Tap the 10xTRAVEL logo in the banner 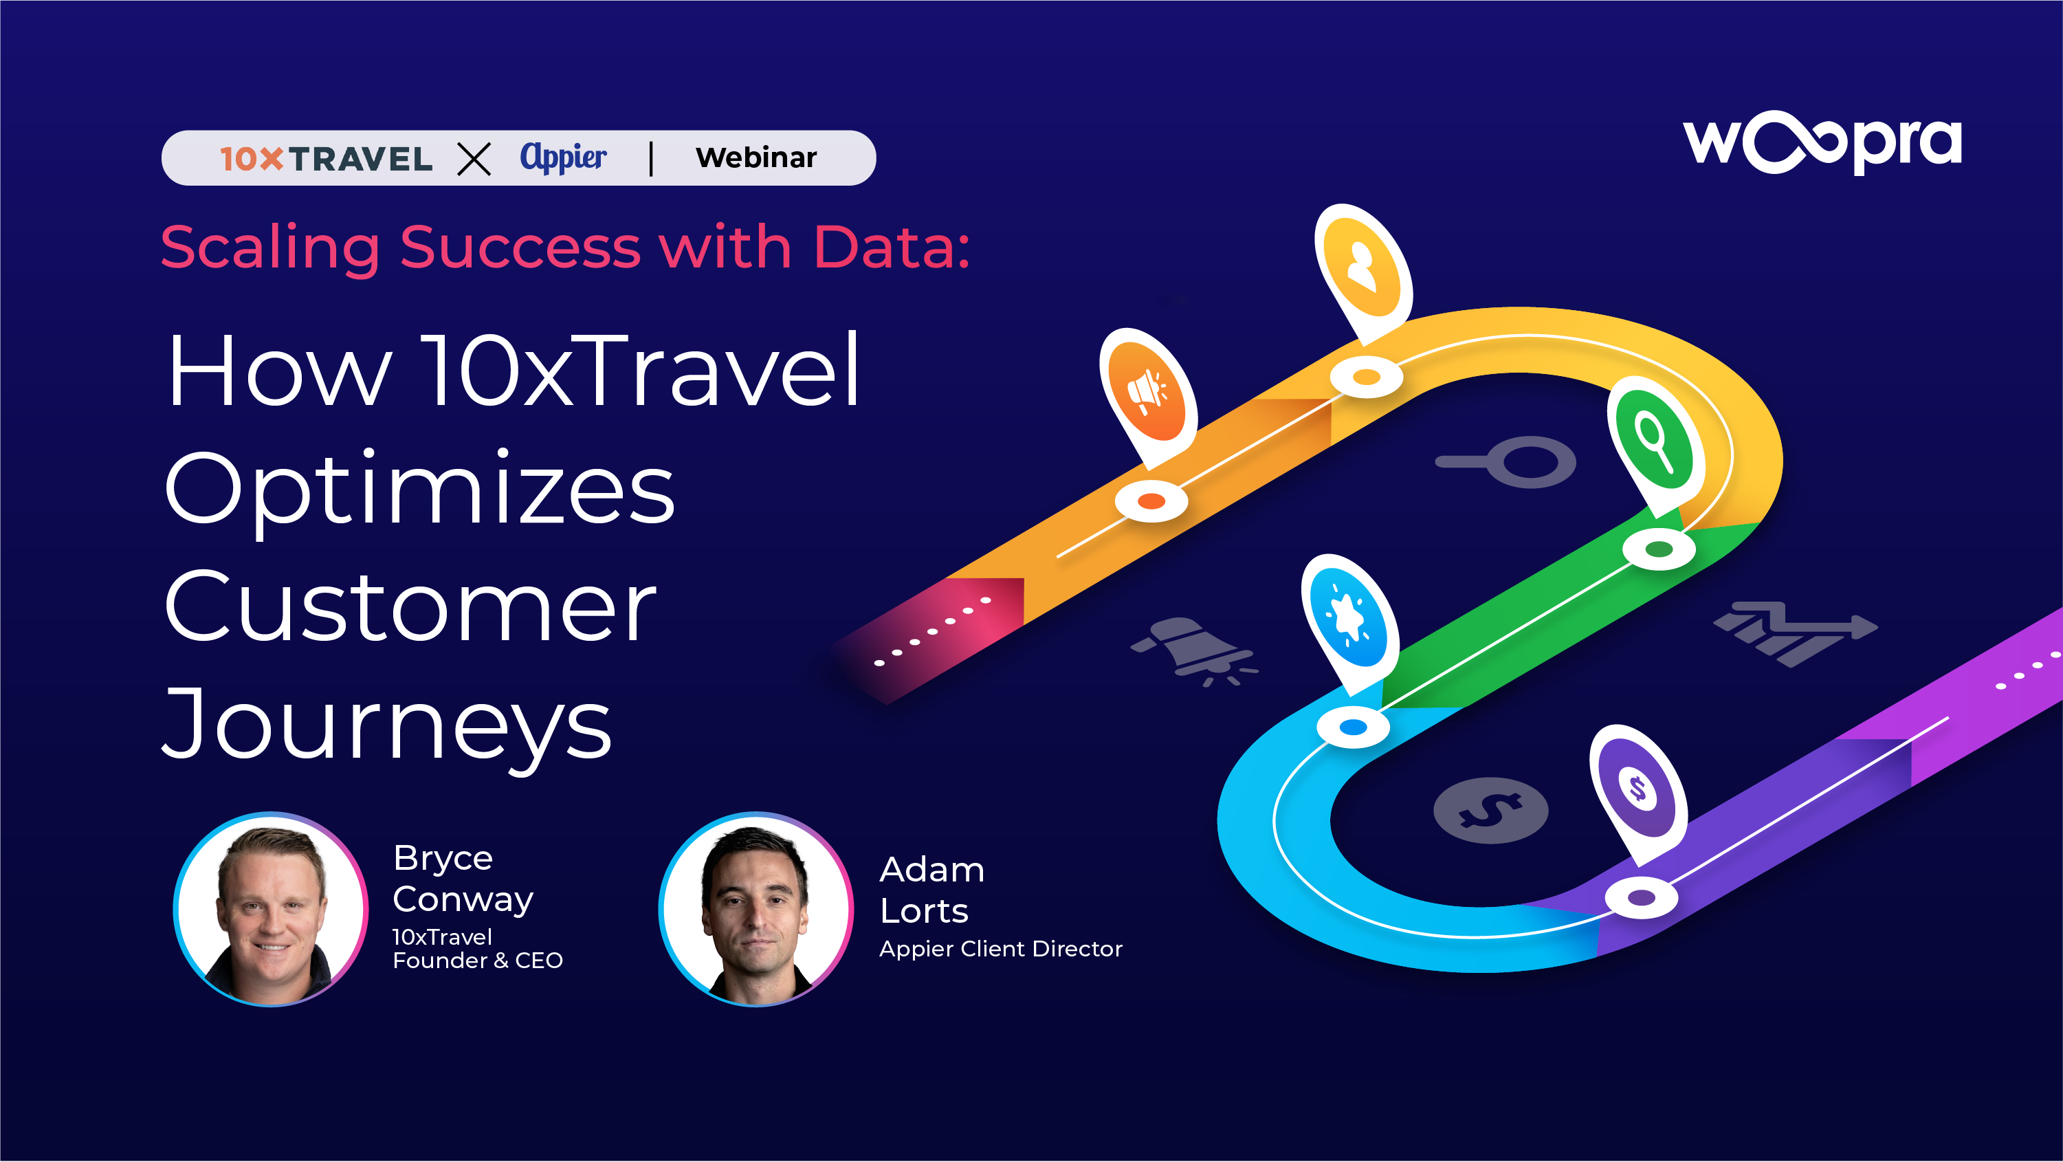tap(326, 159)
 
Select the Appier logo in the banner tap(563, 157)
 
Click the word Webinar tap(756, 157)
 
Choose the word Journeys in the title tap(388, 725)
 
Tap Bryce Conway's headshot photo tap(271, 909)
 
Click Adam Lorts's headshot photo tap(756, 909)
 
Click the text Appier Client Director tap(1000, 949)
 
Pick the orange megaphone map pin tap(1149, 393)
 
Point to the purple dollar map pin tap(1637, 789)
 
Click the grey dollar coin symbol tap(1490, 811)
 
